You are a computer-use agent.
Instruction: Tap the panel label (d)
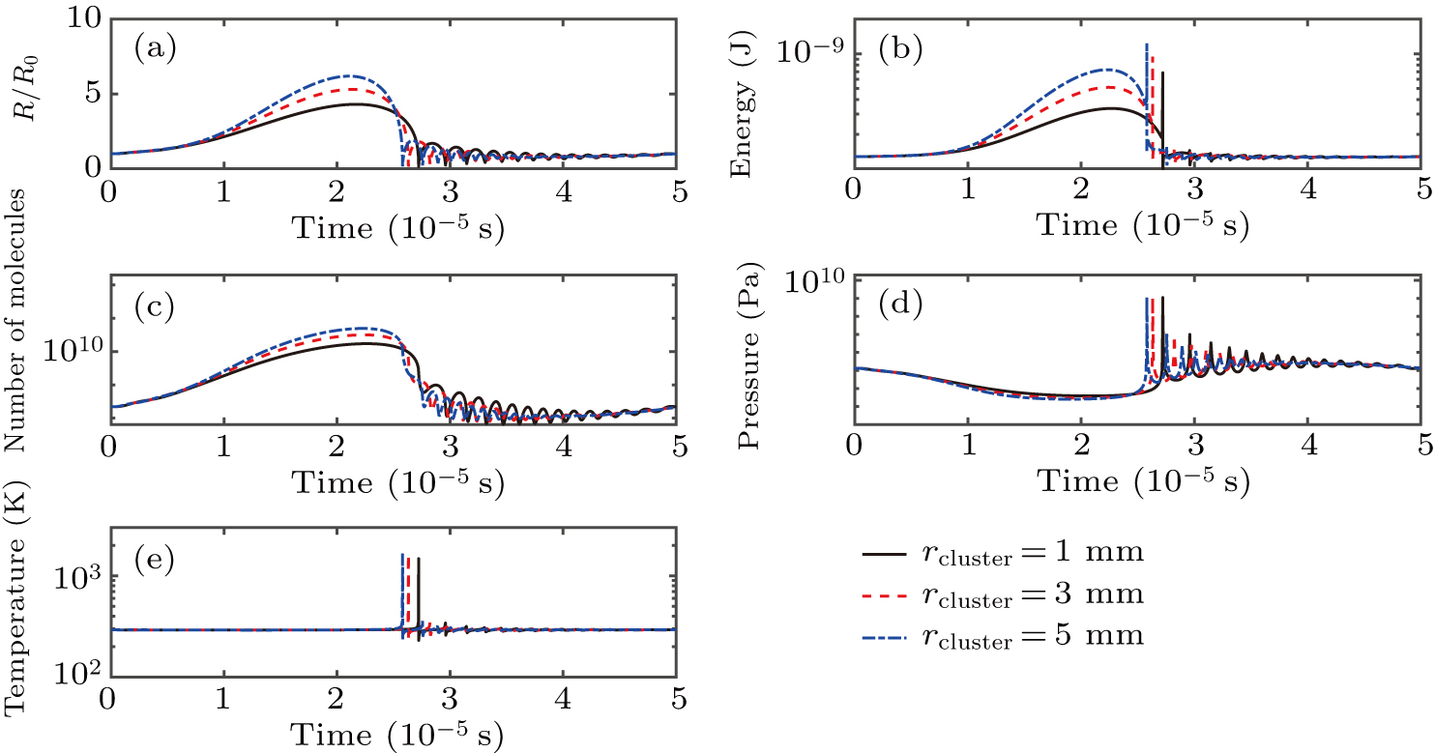[x=898, y=306]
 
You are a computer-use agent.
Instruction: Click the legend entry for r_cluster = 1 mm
[x=1003, y=553]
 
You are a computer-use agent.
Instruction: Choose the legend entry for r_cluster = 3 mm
[x=1003, y=594]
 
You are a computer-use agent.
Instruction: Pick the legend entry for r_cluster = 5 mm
[x=1003, y=636]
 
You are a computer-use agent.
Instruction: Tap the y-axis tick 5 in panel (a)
[x=85, y=95]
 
